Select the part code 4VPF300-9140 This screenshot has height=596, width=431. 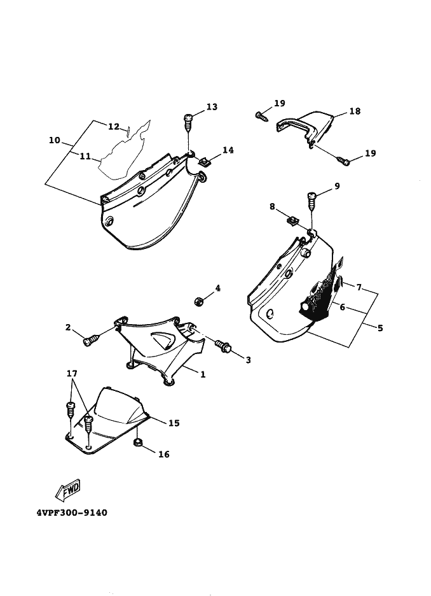(72, 513)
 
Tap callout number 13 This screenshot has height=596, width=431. (212, 107)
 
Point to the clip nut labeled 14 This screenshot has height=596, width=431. (204, 161)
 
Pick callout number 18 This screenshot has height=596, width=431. (355, 111)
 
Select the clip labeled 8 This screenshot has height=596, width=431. (293, 221)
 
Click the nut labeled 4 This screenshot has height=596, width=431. (198, 300)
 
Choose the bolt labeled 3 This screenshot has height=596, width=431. (223, 347)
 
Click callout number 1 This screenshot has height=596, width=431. (203, 375)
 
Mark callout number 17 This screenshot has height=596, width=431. (72, 373)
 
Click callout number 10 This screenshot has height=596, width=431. (55, 139)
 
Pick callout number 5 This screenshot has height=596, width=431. (380, 329)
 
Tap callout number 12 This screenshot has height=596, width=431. (113, 127)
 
